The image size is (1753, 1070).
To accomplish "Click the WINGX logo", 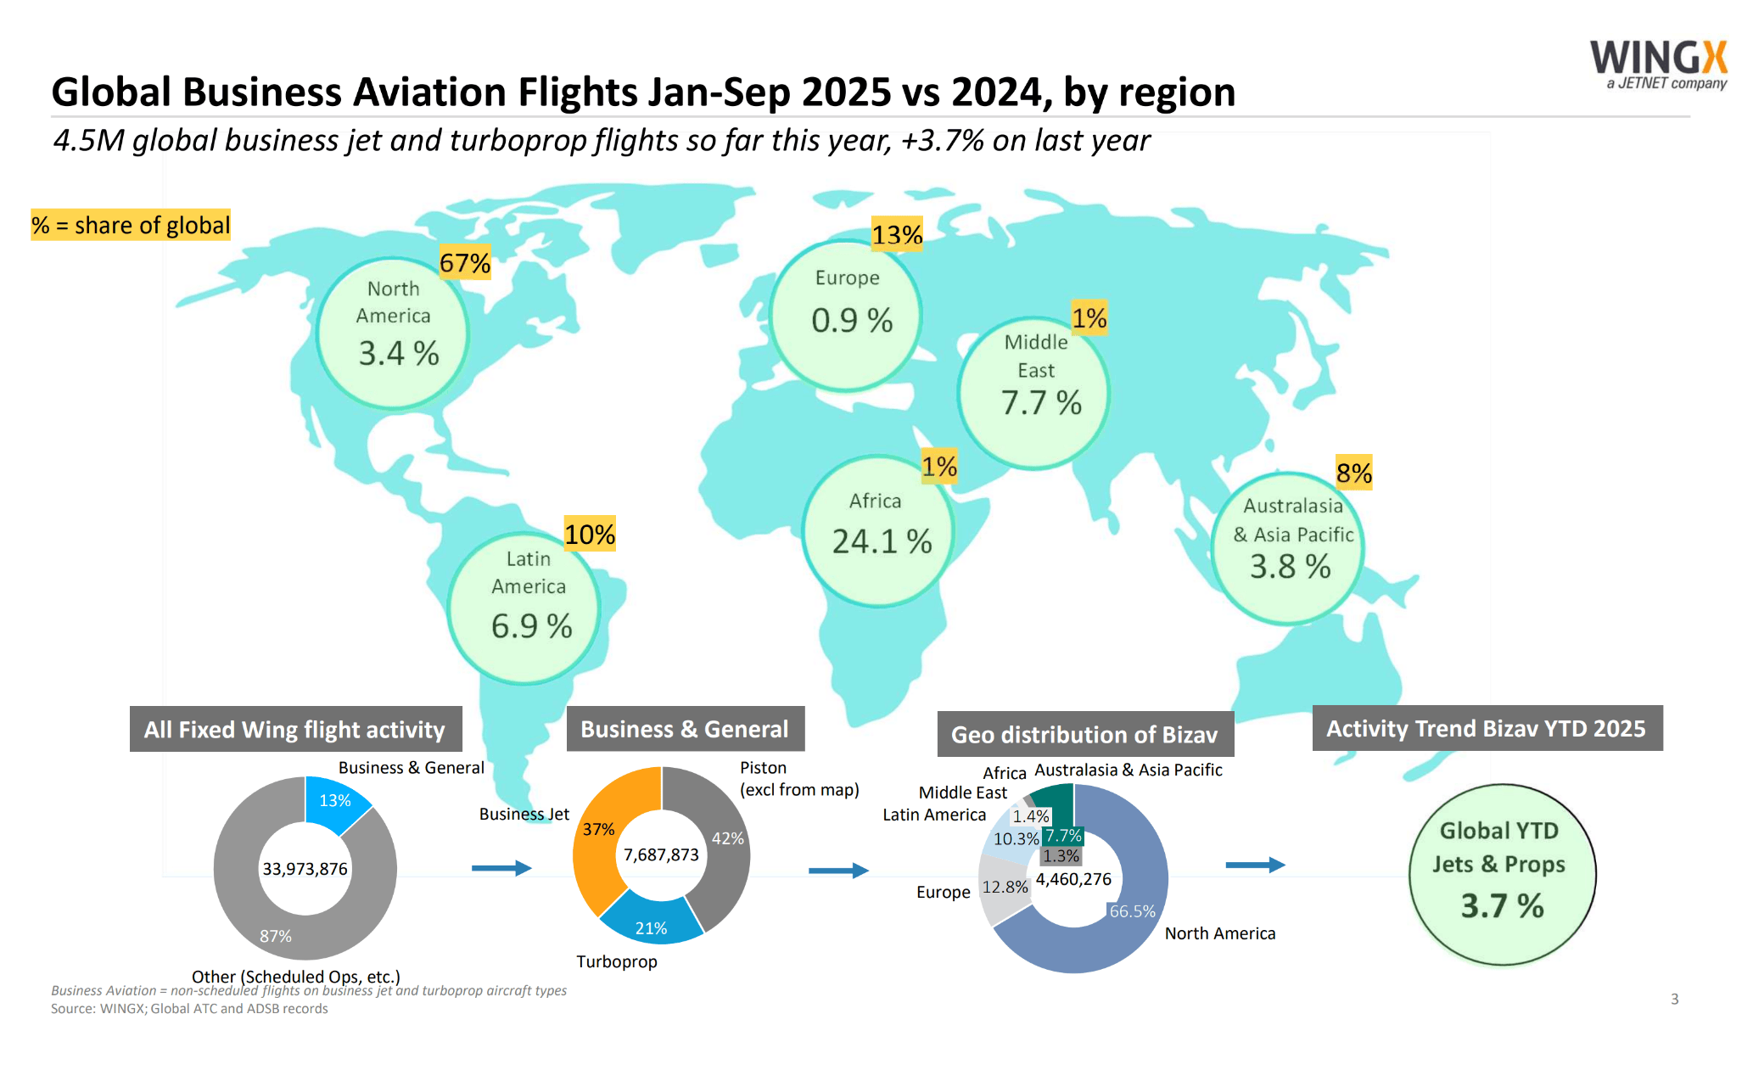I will coord(1658,64).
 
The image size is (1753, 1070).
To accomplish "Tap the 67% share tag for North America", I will coord(465,263).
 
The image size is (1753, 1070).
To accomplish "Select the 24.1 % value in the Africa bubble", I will coord(882,541).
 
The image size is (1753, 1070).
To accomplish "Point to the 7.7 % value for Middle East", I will coord(1041,403).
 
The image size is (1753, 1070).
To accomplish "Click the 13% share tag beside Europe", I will coord(897,234).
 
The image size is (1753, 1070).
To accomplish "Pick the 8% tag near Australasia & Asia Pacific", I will coord(1353,473).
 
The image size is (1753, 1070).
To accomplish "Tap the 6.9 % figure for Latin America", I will coord(531,626).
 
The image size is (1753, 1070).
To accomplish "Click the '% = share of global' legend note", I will coord(131,225).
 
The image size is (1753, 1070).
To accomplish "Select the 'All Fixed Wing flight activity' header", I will coord(295,729).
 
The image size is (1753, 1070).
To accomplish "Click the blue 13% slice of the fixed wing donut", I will coord(335,801).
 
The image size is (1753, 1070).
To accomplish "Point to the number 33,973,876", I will coord(305,869).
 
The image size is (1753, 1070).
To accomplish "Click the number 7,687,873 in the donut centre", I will coord(661,854).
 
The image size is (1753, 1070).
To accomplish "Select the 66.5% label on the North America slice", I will coord(1132,911).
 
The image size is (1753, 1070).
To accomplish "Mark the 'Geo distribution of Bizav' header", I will coord(1084,734).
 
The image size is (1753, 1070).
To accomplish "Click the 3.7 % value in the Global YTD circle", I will coord(1502,906).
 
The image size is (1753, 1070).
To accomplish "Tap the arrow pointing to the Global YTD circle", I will coord(1255,865).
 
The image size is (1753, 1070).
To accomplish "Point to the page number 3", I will coord(1674,999).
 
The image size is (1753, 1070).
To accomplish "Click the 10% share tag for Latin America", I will coord(590,535).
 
